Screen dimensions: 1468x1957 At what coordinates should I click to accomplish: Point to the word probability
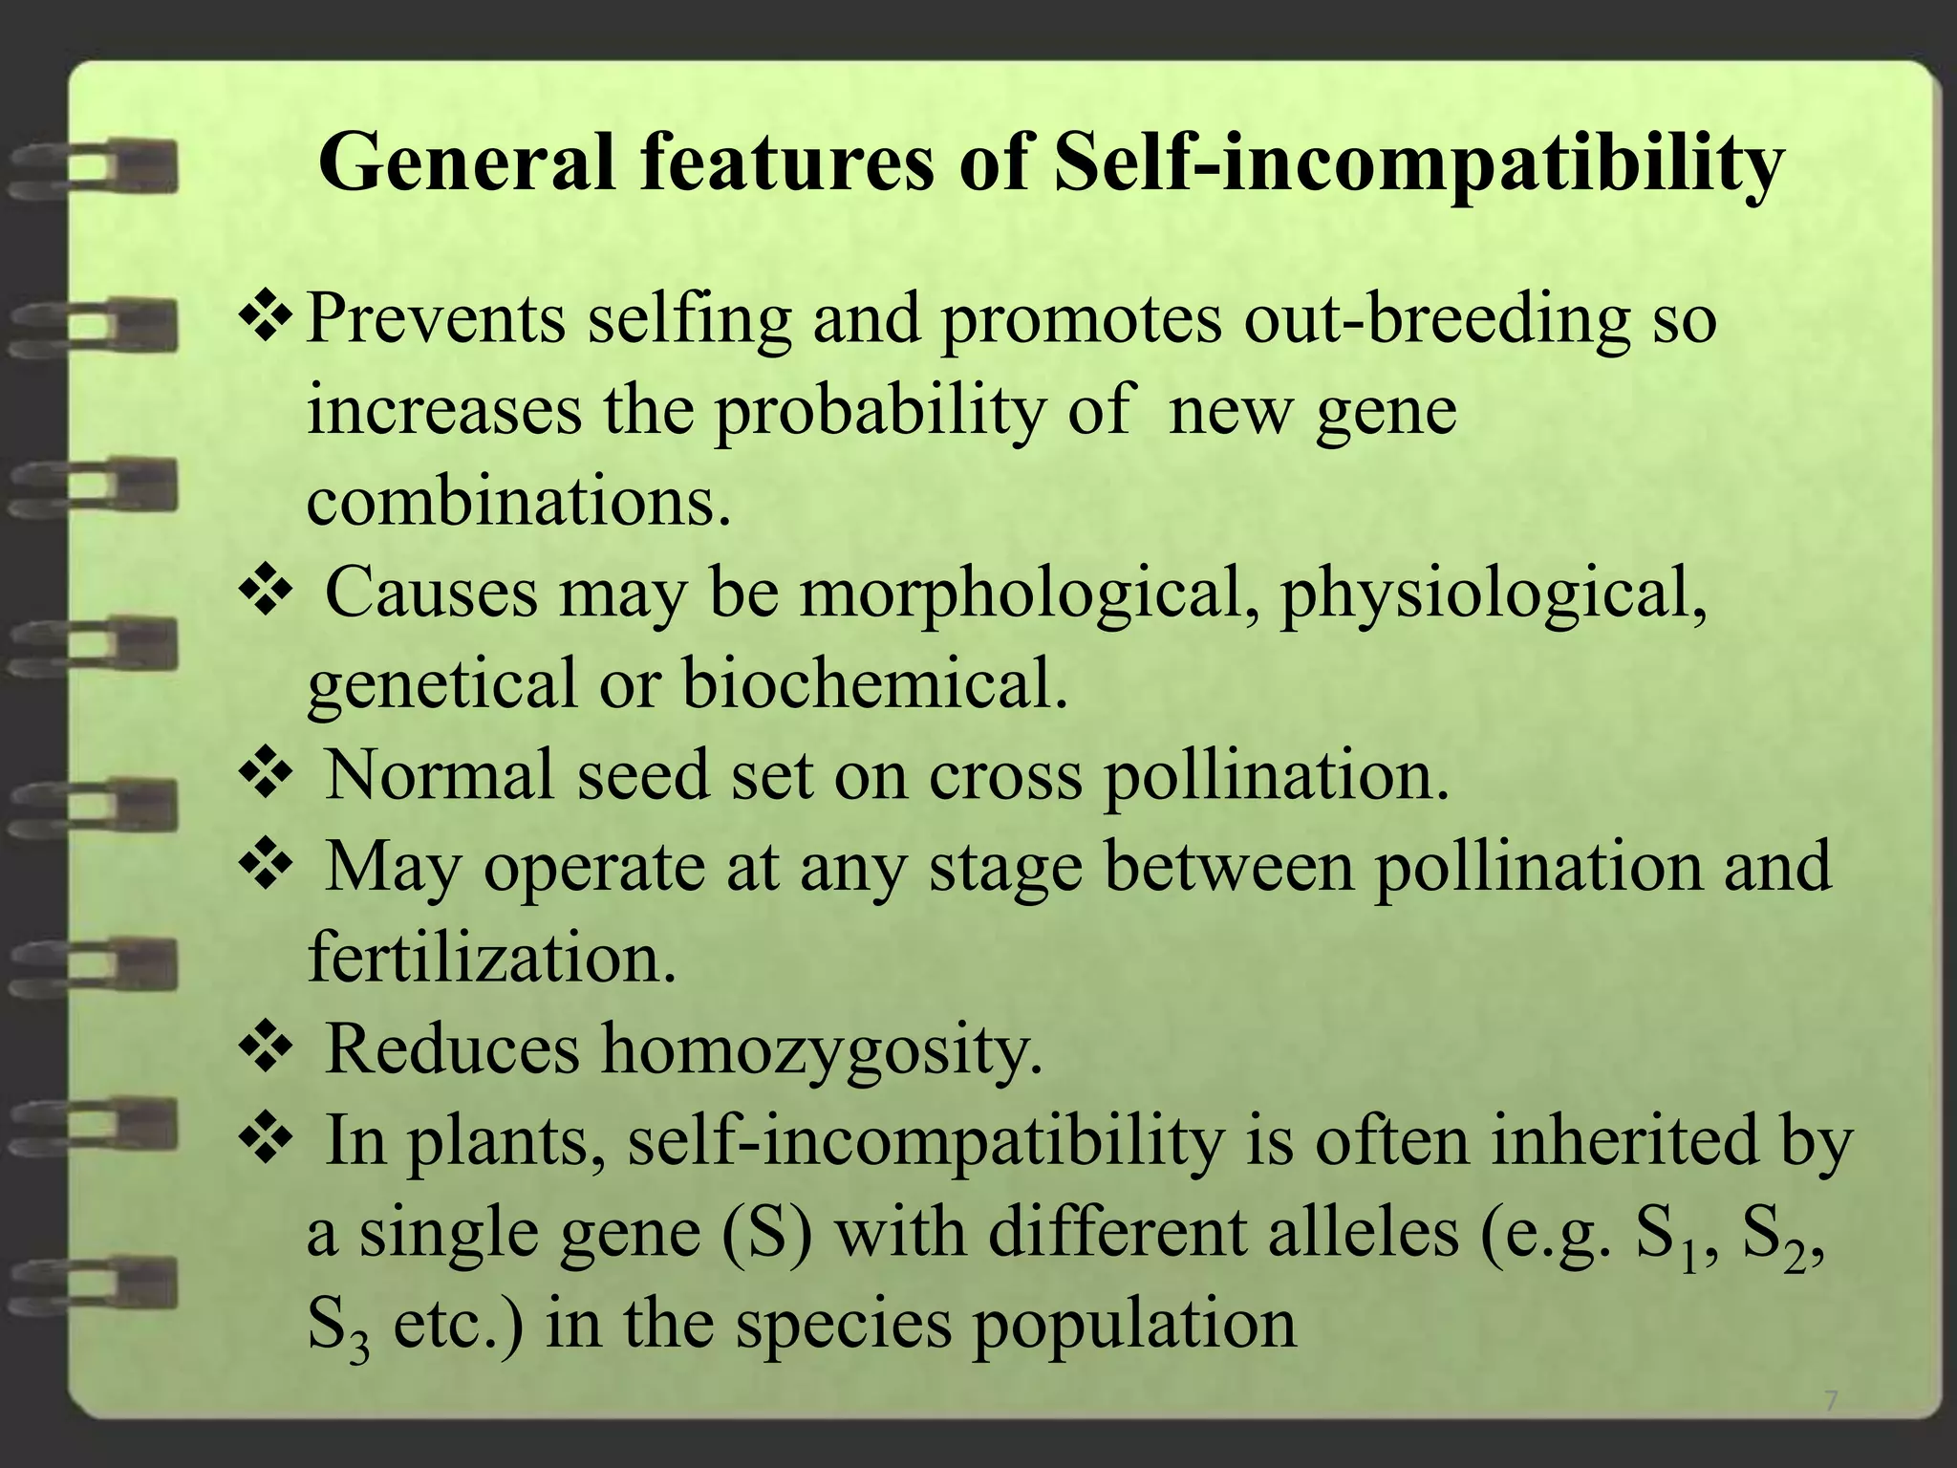[880, 412]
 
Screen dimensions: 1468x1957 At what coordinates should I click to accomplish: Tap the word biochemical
[874, 684]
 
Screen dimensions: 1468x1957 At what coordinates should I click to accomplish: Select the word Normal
[440, 774]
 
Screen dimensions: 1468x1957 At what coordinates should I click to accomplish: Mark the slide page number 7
[1831, 1402]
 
